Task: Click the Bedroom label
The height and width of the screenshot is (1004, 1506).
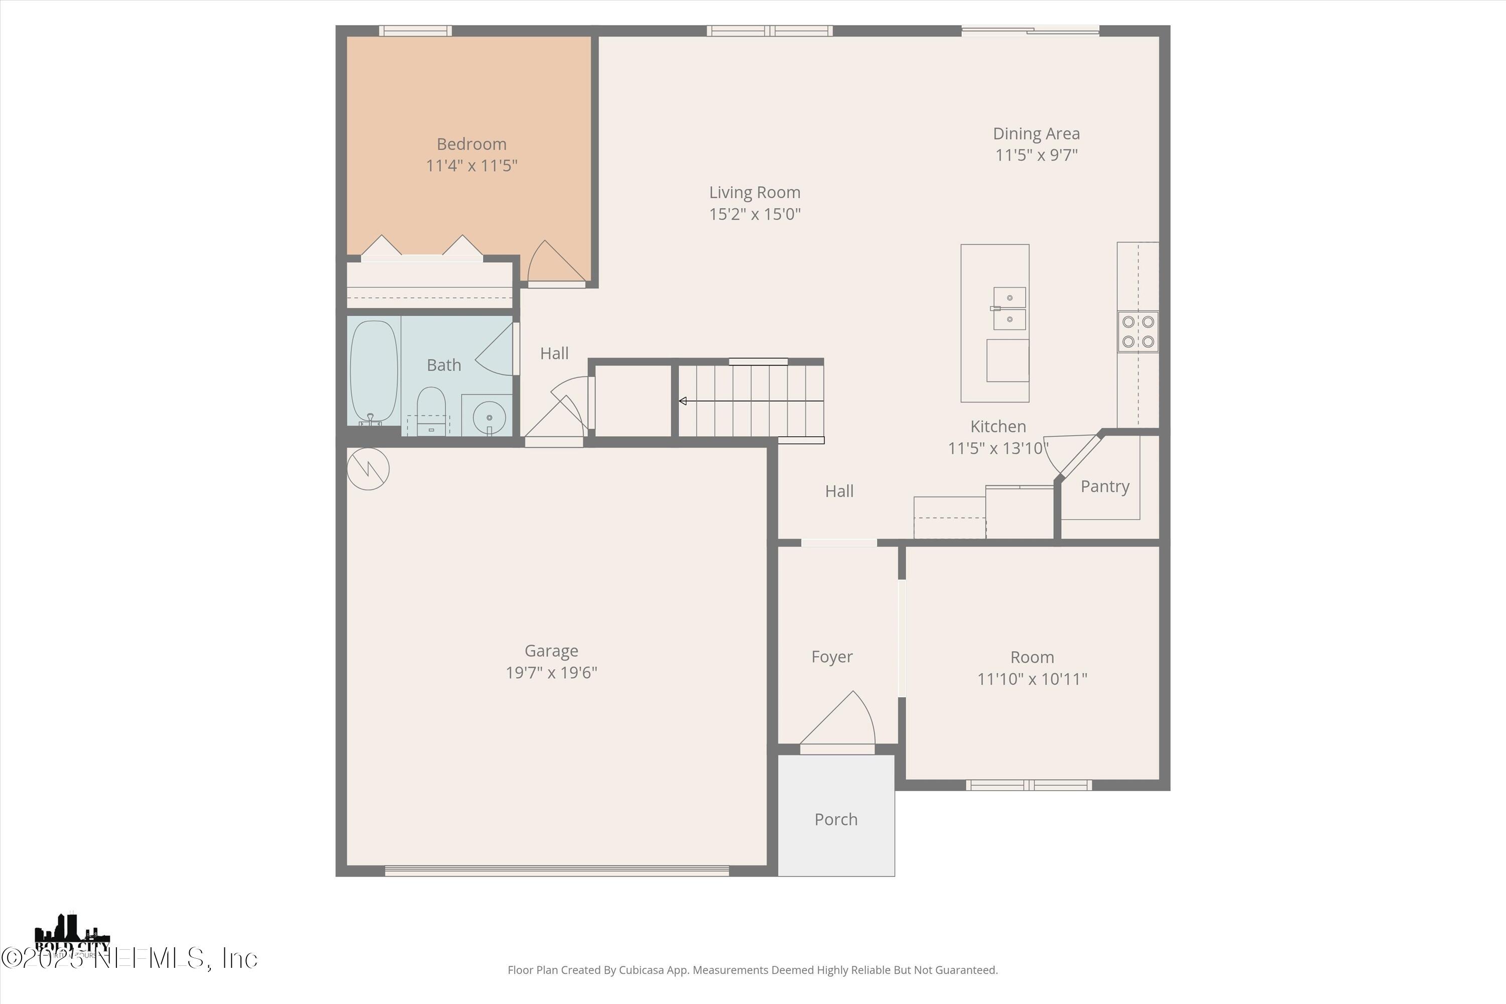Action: [x=471, y=144]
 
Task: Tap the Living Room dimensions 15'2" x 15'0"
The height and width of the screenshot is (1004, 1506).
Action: [x=755, y=214]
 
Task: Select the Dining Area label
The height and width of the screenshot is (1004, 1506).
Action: [x=1036, y=134]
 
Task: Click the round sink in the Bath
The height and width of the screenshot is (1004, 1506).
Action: [x=489, y=418]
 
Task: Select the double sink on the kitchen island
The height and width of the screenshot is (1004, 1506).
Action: [x=1009, y=309]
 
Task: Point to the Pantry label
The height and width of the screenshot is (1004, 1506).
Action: [x=1104, y=486]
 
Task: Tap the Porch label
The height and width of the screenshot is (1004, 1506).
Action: [x=836, y=820]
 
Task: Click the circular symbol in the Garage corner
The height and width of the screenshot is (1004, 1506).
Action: [x=368, y=469]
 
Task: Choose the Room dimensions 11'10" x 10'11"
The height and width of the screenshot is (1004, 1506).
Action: [x=1032, y=679]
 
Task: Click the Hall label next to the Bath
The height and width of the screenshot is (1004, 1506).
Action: [x=554, y=353]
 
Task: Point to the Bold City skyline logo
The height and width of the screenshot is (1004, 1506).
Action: [x=72, y=935]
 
